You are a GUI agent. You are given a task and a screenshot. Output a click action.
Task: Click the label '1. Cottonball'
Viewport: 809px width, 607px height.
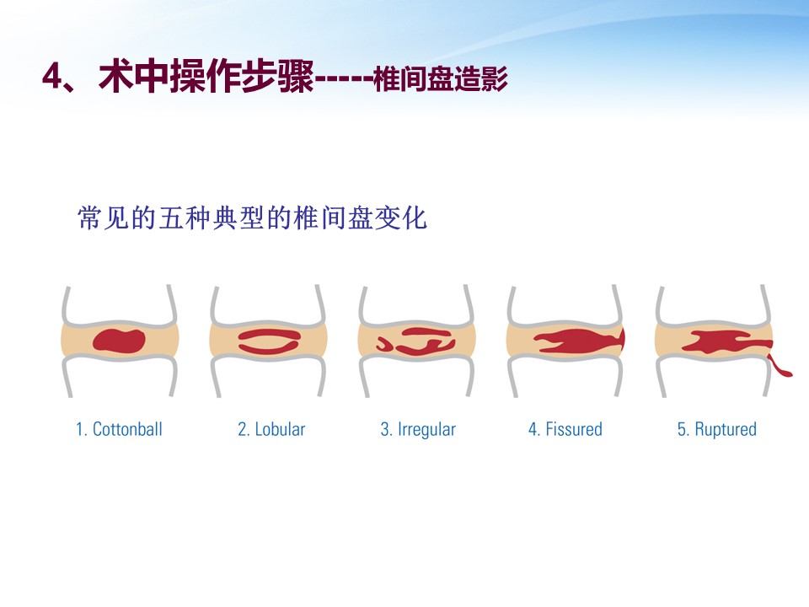tap(119, 429)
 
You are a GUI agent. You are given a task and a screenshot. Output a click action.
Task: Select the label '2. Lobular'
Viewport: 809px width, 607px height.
tap(271, 429)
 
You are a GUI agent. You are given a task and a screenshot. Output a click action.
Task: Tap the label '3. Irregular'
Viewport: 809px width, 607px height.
tap(419, 429)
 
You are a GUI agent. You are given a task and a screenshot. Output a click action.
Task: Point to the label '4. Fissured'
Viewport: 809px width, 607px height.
tap(565, 429)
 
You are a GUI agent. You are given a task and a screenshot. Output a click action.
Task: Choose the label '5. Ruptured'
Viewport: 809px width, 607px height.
tap(717, 429)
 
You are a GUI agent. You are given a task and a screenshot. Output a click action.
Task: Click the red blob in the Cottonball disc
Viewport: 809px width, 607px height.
tap(119, 341)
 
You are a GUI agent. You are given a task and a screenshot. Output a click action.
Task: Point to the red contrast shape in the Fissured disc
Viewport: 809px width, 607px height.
tap(579, 341)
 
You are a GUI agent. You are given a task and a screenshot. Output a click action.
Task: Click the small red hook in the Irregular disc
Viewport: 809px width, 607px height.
tap(384, 344)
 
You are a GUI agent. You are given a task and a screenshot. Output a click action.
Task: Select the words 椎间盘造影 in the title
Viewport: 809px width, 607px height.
tap(441, 79)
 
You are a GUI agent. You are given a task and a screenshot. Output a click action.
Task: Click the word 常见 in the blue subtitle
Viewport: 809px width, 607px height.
tap(103, 218)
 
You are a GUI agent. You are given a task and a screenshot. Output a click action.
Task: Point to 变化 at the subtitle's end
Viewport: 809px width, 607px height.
tap(401, 218)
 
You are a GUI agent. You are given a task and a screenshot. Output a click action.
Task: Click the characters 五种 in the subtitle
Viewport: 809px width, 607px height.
tap(185, 218)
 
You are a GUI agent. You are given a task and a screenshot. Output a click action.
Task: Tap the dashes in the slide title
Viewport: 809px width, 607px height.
tap(344, 80)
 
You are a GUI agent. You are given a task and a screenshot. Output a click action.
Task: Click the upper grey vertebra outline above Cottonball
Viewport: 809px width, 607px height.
tap(119, 307)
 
